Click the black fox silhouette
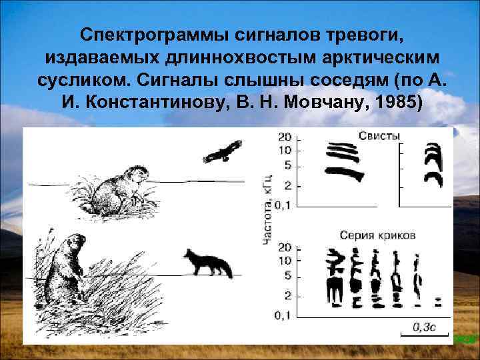(x=209, y=264)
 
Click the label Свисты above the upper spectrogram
(x=379, y=135)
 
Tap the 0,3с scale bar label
(x=424, y=327)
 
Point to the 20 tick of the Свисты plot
(x=284, y=137)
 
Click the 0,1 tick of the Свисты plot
(x=282, y=205)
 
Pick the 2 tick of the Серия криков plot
(x=287, y=294)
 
